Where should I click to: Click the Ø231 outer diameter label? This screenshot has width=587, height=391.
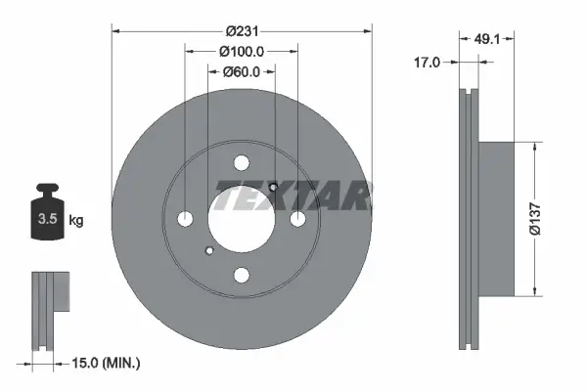(x=242, y=31)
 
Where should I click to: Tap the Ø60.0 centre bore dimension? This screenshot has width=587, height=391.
(x=241, y=70)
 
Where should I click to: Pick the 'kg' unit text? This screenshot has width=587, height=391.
(x=76, y=221)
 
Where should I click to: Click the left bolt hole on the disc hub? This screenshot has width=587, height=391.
(x=186, y=219)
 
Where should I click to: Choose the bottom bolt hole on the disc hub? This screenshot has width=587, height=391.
(x=241, y=275)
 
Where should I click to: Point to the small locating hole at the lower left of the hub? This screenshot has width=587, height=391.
(x=208, y=252)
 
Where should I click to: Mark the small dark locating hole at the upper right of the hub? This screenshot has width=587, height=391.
(x=274, y=187)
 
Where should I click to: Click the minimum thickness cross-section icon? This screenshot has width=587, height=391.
(x=48, y=309)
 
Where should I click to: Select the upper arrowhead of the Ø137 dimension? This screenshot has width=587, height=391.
(x=533, y=149)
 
